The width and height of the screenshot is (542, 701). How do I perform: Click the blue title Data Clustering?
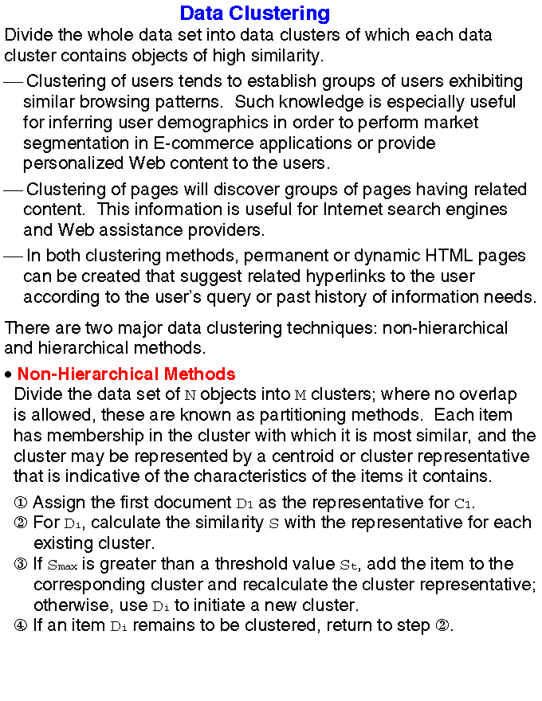pos(254,14)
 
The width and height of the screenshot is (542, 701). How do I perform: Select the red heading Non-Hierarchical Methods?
pos(126,374)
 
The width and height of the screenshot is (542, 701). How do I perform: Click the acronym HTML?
pos(432,256)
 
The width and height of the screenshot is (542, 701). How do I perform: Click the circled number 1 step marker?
pos(22,503)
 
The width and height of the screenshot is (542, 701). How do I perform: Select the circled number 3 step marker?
pos(22,565)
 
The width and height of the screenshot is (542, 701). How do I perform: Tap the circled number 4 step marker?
pos(22,625)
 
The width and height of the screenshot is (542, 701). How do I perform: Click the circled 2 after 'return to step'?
pos(445,625)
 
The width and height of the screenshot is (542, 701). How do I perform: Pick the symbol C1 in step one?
pos(463,503)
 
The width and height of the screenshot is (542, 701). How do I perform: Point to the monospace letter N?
pos(190,395)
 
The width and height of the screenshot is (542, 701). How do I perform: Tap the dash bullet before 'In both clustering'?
pos(13,257)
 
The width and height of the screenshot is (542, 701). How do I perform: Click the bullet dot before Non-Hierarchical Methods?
pos(7,375)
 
